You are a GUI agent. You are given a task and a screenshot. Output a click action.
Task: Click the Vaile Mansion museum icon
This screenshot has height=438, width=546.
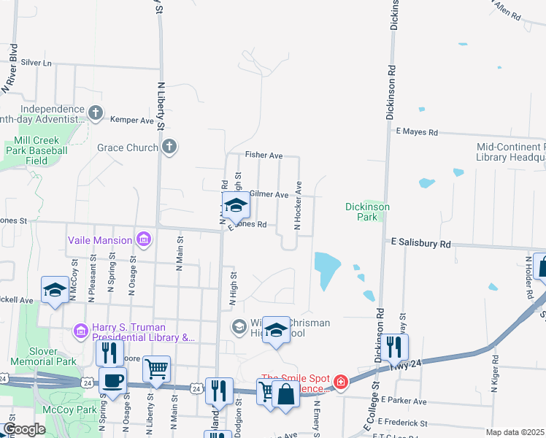pos(144,239)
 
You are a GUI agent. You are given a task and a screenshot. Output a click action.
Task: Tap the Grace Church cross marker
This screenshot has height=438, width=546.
pos(169,147)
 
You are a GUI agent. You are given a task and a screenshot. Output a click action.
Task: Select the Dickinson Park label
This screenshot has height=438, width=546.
pos(367,212)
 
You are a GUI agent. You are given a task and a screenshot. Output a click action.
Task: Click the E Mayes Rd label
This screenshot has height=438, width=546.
pos(417,132)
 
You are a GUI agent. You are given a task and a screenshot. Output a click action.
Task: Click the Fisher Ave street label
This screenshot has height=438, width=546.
pos(264,155)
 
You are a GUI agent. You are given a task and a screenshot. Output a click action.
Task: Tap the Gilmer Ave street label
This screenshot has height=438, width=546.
pos(269,194)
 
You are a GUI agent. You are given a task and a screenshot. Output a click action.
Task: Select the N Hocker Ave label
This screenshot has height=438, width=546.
pos(297,207)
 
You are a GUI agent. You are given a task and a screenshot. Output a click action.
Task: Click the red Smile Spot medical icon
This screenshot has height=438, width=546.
pos(340,381)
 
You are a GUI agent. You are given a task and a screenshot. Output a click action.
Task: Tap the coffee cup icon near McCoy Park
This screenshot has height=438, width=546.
pos(112,381)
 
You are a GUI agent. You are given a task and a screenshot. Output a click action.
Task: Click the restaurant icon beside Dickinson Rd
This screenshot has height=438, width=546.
pos(394,347)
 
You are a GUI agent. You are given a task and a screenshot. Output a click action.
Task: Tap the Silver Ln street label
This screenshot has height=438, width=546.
pos(36,63)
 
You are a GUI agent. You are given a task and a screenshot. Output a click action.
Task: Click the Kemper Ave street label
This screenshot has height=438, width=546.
pos(132,119)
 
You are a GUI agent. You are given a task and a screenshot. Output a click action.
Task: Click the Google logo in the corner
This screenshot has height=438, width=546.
pos(23,429)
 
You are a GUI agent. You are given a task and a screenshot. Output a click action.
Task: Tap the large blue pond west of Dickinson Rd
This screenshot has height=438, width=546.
pos(328,271)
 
